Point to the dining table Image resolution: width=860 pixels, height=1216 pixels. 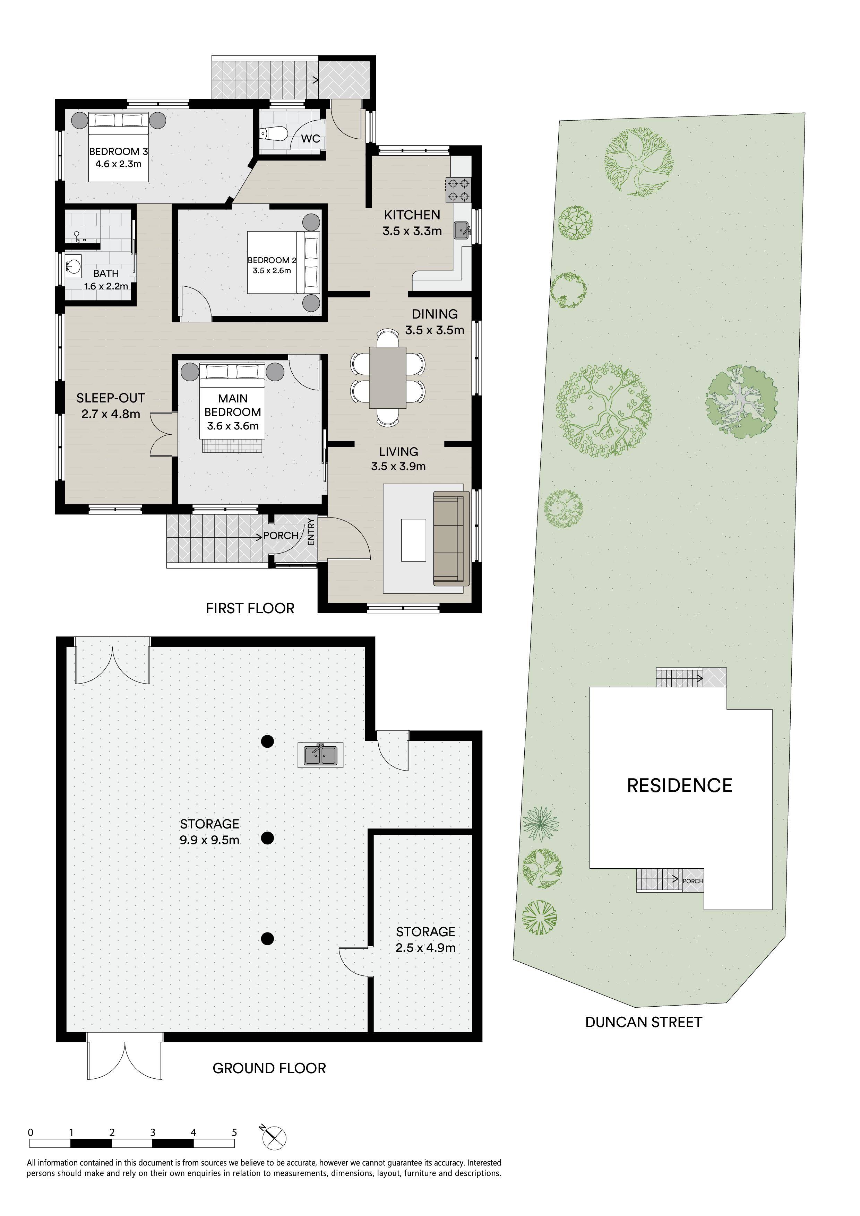(x=388, y=377)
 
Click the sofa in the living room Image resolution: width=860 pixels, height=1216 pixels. (x=452, y=538)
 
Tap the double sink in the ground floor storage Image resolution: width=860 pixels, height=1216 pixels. (x=320, y=755)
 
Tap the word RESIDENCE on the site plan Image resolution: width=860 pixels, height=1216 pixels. (x=679, y=785)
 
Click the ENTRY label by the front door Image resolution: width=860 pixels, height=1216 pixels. (x=311, y=532)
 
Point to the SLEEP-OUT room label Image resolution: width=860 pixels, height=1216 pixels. (x=111, y=398)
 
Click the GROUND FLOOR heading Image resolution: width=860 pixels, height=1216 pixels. (x=269, y=1068)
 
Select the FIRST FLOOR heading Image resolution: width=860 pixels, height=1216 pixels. (x=250, y=608)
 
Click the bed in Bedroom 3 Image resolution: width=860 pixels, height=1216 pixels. (x=118, y=147)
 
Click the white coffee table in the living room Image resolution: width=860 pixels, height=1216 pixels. (x=414, y=540)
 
